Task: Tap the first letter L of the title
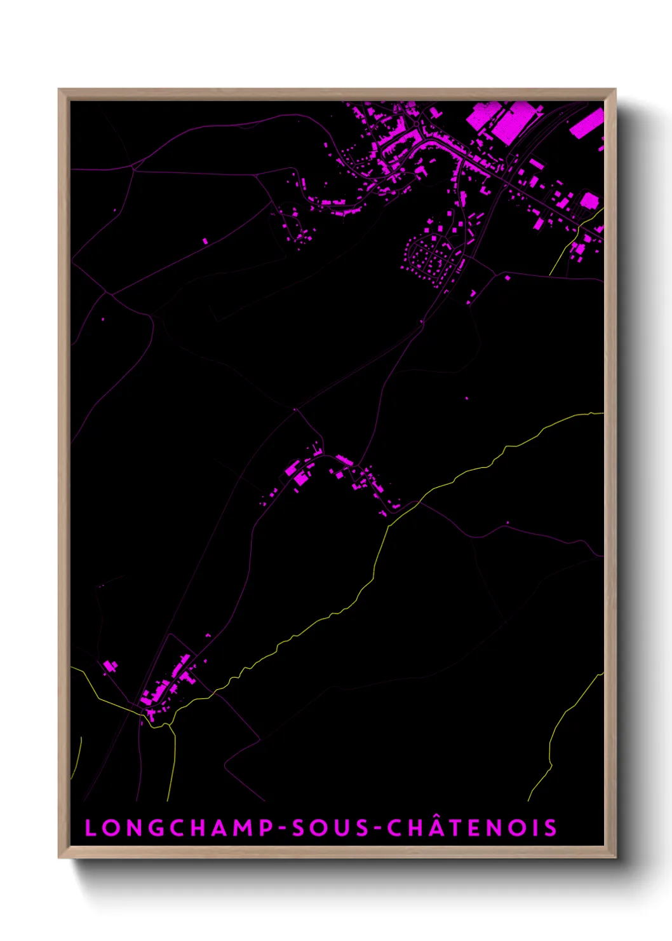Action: coord(90,828)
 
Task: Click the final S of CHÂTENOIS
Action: coord(550,828)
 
